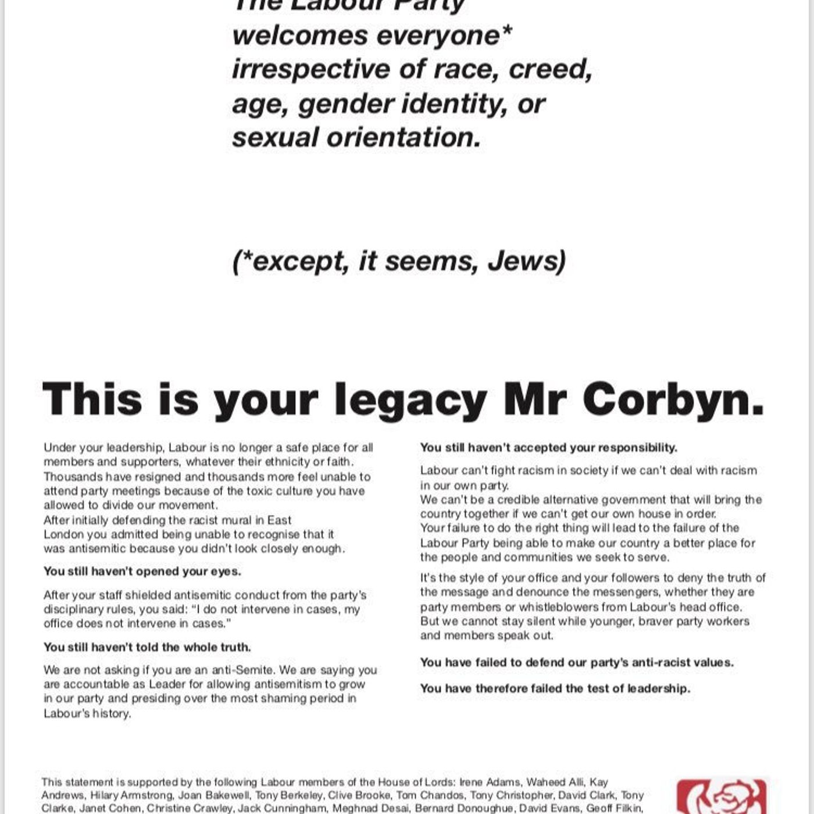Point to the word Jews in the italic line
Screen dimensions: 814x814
pyautogui.click(x=527, y=260)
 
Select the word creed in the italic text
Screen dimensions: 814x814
pyautogui.click(x=550, y=69)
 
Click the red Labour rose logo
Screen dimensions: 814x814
pyautogui.click(x=721, y=798)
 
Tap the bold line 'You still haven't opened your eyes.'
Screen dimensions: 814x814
pyautogui.click(x=142, y=571)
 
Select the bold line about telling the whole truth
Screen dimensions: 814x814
pyautogui.click(x=147, y=647)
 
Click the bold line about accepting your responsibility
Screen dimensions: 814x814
pyautogui.click(x=548, y=447)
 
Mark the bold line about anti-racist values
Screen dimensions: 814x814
pyautogui.click(x=577, y=662)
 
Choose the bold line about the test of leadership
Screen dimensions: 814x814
pyautogui.click(x=555, y=688)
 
